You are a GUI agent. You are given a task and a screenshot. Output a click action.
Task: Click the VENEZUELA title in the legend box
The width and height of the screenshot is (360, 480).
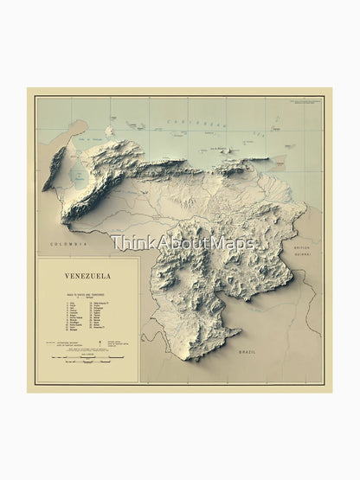click(87, 276)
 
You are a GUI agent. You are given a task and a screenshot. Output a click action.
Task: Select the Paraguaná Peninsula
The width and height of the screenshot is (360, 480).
click(109, 131)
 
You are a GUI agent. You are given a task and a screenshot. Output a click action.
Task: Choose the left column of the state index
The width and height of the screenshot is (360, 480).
click(69, 317)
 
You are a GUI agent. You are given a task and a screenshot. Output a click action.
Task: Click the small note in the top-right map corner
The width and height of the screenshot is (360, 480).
click(303, 104)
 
